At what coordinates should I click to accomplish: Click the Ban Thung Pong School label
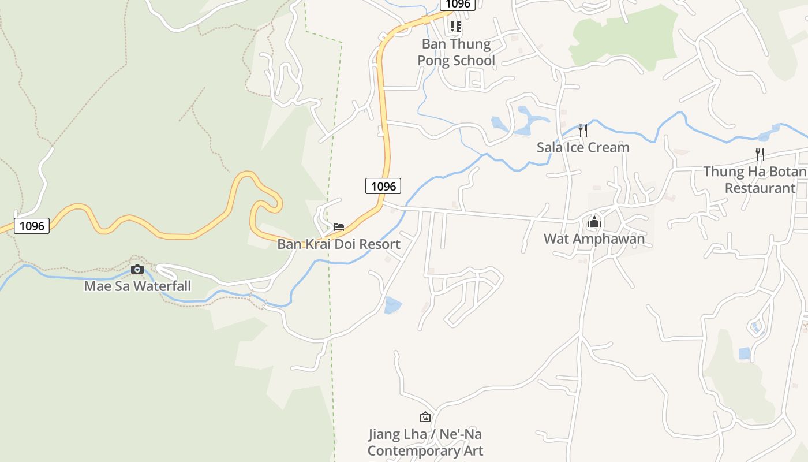[x=456, y=52]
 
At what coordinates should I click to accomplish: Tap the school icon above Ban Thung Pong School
[x=456, y=26]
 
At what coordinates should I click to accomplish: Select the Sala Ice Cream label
[x=583, y=147]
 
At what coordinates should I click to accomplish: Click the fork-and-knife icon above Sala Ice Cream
[x=583, y=130]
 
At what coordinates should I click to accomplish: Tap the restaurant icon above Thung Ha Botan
[x=760, y=154]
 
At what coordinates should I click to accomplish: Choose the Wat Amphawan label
[x=594, y=239]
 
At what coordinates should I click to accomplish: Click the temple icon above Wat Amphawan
[x=594, y=221]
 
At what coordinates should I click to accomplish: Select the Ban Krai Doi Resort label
[x=339, y=244]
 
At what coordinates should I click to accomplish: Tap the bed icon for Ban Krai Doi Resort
[x=339, y=226]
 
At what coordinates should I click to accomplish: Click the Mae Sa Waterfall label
[x=137, y=286]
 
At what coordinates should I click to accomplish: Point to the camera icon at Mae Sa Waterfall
[x=137, y=269]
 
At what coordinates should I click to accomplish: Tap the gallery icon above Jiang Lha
[x=425, y=416]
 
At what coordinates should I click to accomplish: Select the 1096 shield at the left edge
[x=32, y=226]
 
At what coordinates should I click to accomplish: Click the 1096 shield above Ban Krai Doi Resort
[x=383, y=186]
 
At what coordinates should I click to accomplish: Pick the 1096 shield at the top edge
[x=458, y=4]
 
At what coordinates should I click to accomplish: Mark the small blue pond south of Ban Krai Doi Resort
[x=392, y=305]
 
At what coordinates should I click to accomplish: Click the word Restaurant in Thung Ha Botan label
[x=760, y=188]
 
